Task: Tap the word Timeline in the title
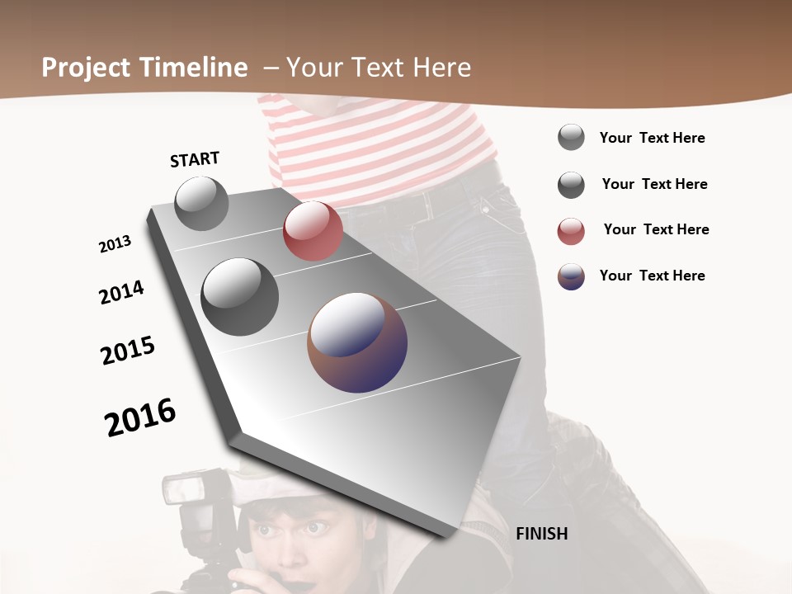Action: click(193, 68)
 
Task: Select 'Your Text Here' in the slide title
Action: click(379, 68)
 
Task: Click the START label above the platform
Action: click(195, 159)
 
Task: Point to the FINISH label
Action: click(541, 534)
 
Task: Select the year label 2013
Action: click(115, 244)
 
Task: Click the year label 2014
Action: click(121, 292)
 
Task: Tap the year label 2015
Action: click(128, 351)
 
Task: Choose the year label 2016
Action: click(140, 417)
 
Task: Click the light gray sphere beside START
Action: click(201, 203)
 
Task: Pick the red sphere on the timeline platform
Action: click(313, 231)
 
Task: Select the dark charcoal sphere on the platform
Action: click(240, 296)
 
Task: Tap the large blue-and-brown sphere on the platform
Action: click(357, 342)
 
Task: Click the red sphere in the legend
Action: click(571, 232)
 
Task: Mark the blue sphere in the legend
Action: click(571, 276)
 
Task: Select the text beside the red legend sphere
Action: click(656, 229)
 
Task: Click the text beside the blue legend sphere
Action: click(652, 276)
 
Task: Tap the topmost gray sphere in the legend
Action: click(571, 137)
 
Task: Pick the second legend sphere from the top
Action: click(571, 185)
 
